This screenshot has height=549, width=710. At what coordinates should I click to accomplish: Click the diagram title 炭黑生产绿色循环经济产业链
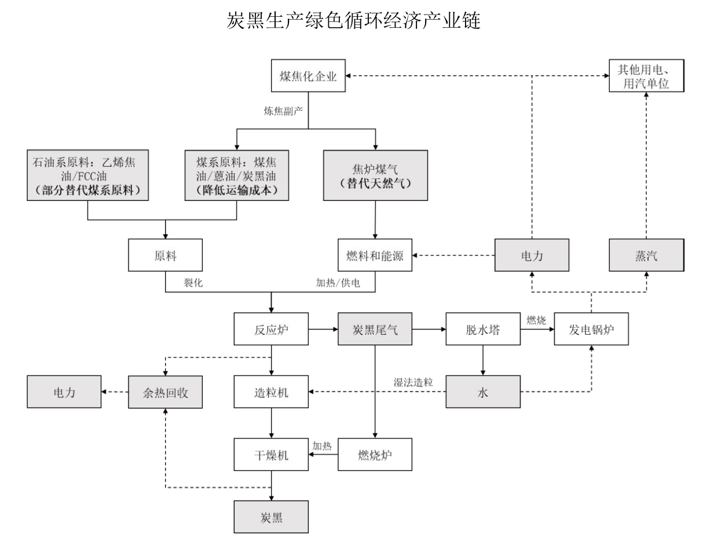click(x=354, y=21)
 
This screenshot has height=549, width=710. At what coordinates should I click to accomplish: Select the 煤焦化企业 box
click(x=309, y=75)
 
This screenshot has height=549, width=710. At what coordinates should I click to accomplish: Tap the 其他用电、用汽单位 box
click(x=646, y=75)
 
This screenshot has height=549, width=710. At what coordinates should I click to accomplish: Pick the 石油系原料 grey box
click(x=87, y=175)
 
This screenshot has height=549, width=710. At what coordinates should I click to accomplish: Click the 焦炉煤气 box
click(x=375, y=175)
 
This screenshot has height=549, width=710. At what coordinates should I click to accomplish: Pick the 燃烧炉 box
click(x=375, y=455)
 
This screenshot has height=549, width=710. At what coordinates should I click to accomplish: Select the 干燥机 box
click(x=271, y=455)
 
